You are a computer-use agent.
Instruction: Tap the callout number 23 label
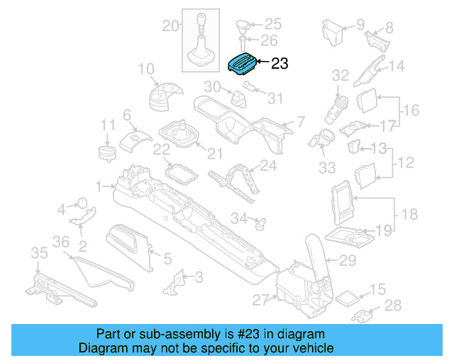tap(279, 64)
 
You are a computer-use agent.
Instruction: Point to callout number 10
tap(146, 69)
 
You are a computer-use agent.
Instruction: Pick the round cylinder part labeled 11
tap(106, 154)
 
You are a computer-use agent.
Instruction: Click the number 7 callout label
tap(300, 121)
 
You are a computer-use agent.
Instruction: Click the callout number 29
tap(347, 261)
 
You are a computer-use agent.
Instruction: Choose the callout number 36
tap(62, 242)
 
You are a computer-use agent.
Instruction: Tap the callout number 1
tap(100, 187)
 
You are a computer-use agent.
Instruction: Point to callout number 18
tap(410, 214)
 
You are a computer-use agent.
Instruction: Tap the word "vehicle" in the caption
tap(313, 349)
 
